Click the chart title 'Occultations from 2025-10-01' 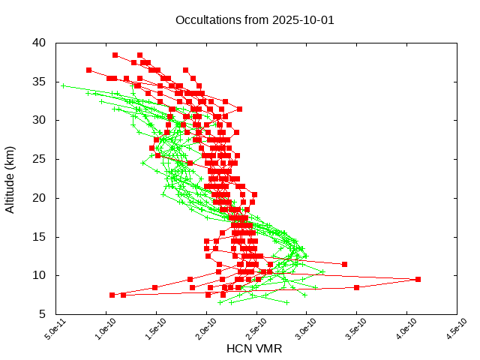tap(254, 19)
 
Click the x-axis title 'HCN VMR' tap(254, 349)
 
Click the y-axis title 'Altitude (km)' tap(10, 178)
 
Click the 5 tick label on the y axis tap(43, 314)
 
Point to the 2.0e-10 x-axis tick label tap(196, 329)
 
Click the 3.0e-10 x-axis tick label tap(295, 329)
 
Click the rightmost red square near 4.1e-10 tap(418, 279)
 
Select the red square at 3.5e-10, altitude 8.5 tap(356, 287)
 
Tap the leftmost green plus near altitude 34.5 tap(63, 85)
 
